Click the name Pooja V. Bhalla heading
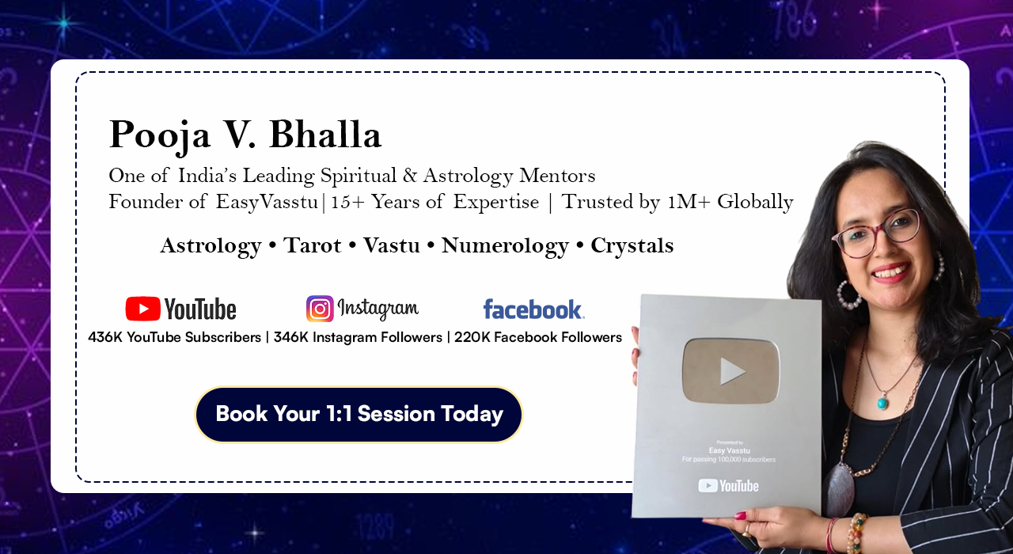coord(245,135)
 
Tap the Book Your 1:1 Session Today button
coord(359,414)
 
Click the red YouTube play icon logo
coord(143,309)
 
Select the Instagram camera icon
coord(320,309)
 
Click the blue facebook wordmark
coord(533,309)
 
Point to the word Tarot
coord(312,245)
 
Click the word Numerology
coord(505,246)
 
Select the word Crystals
coord(632,246)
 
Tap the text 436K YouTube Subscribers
coord(175,337)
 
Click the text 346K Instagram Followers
coord(358,337)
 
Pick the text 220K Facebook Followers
coord(538,337)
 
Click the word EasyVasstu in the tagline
coord(267,202)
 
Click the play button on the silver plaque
coord(730,371)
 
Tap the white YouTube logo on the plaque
coord(728,486)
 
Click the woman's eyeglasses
coord(878,233)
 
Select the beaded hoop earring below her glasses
coord(849,295)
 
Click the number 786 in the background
coord(794,21)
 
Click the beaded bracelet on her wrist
coord(856,533)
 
